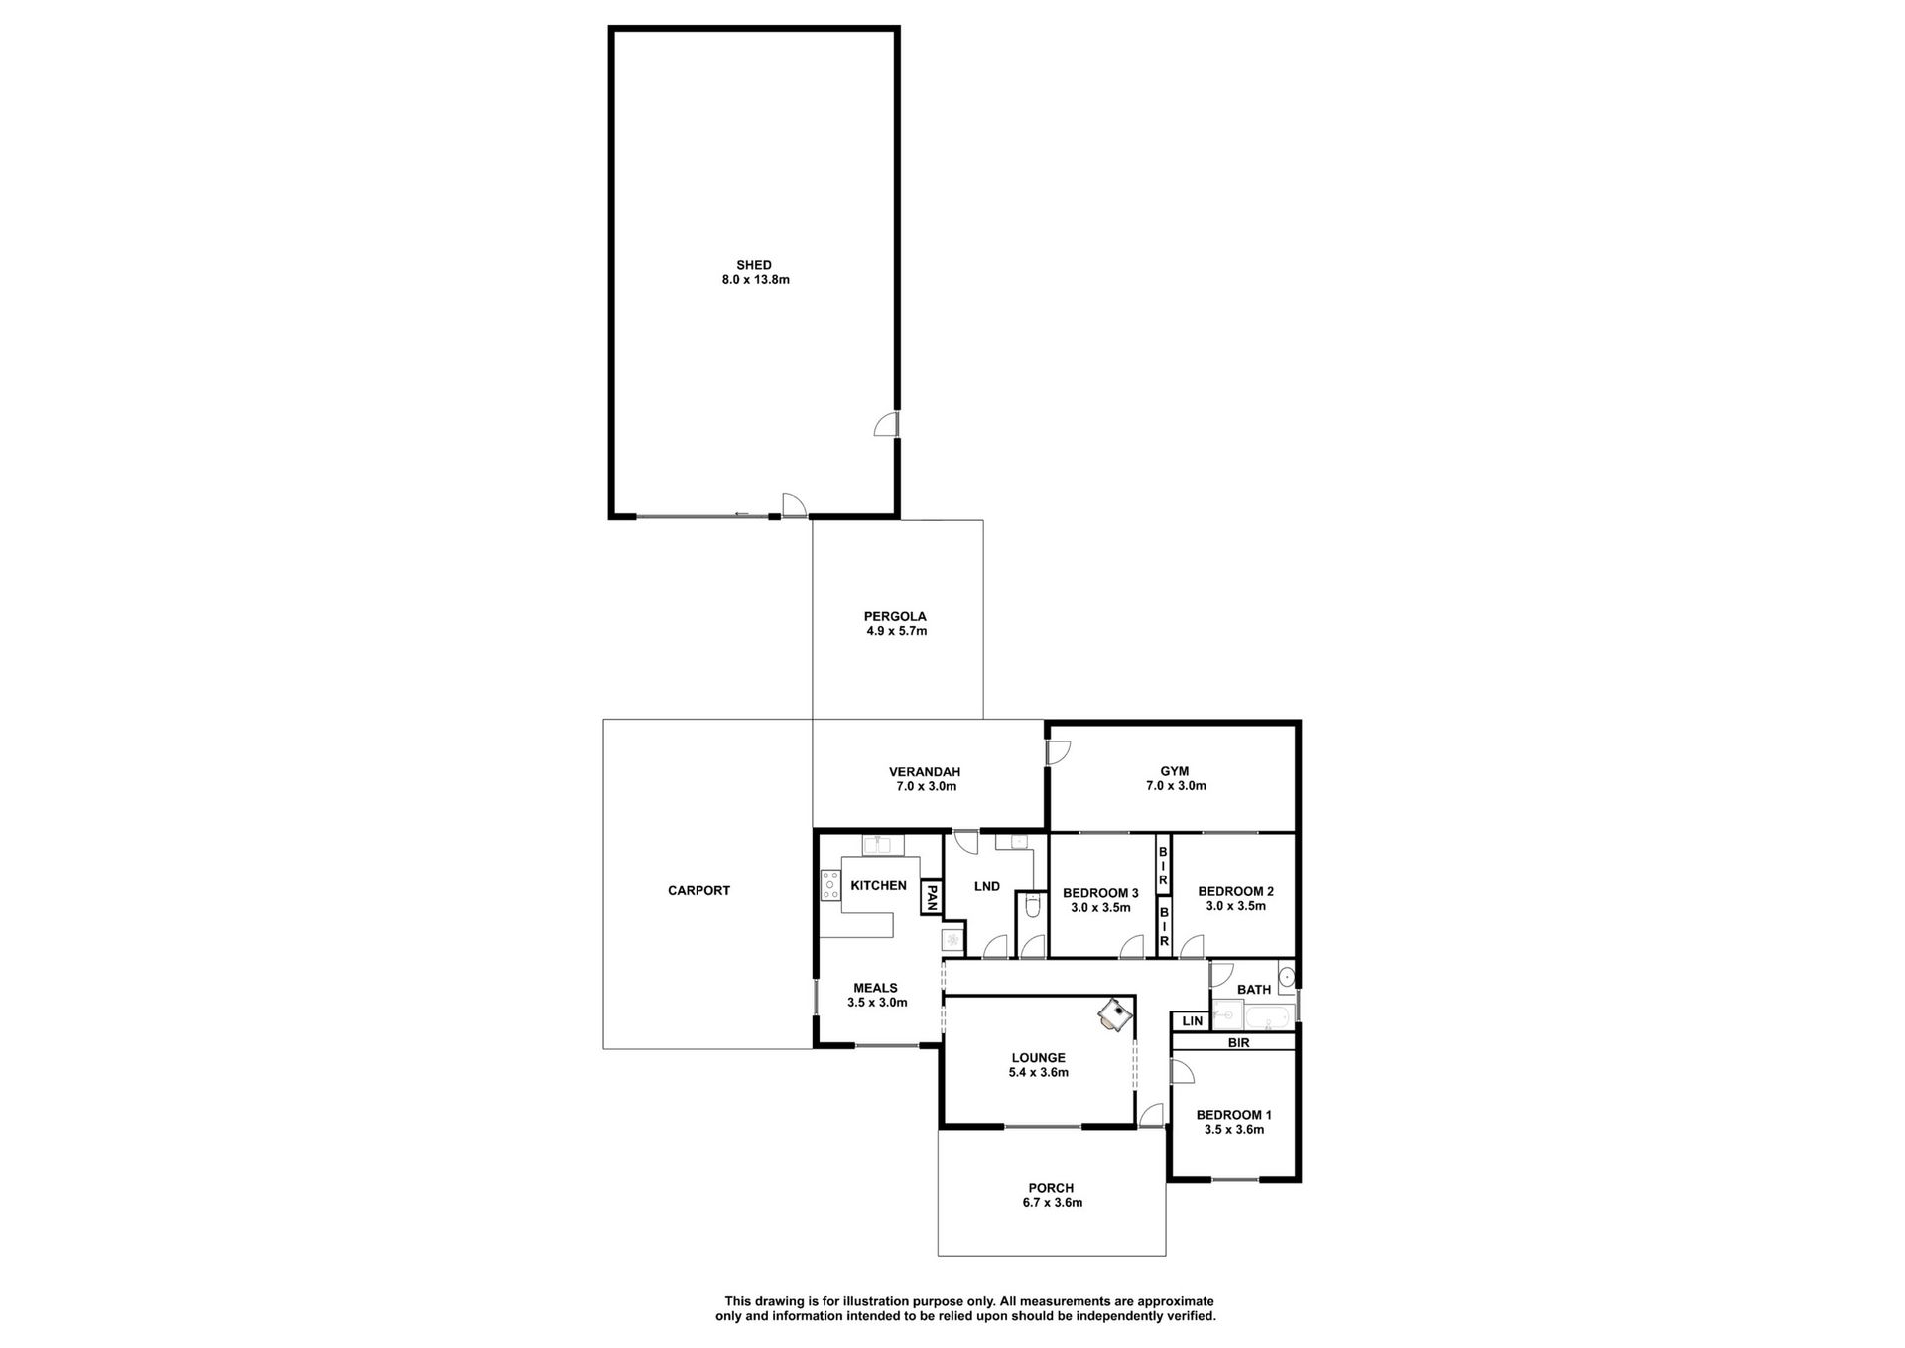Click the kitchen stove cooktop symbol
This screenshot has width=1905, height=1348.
pos(830,885)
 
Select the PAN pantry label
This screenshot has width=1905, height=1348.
pos(932,897)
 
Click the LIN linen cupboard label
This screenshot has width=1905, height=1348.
pos(1192,1021)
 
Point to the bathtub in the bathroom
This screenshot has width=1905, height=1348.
pos(1268,1017)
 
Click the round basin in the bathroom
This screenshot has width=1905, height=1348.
pos(1287,977)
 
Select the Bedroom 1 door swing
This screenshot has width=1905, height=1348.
pos(1182,1072)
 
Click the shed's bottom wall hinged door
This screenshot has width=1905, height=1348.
pos(794,505)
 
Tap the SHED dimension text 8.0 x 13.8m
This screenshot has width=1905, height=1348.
pos(756,280)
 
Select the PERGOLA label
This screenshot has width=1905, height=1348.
pos(895,616)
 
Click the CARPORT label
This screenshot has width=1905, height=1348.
pos(698,891)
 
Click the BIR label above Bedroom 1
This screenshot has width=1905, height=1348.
pos(1238,1043)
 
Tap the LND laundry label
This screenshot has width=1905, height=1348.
pos(987,887)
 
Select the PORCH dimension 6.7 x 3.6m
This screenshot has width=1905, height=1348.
pos(1052,1203)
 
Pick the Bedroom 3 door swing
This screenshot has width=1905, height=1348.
pos(1132,947)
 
